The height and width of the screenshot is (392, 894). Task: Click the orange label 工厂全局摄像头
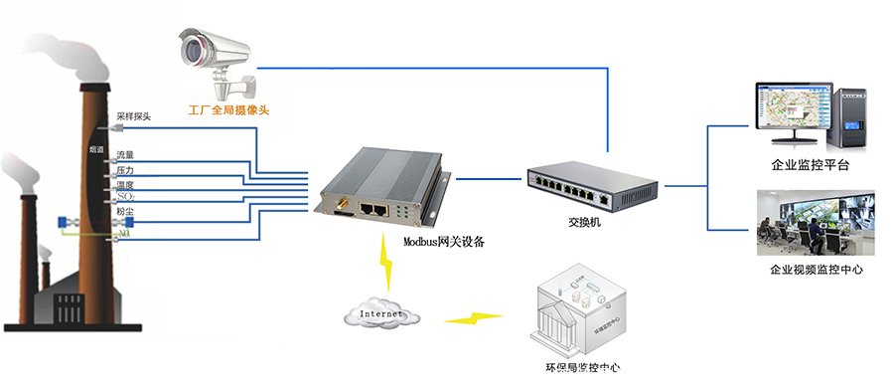tap(228, 109)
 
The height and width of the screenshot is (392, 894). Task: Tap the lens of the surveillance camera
tap(190, 47)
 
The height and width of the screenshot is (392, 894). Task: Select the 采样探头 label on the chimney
tap(133, 116)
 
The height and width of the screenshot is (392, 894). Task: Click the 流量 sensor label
tap(125, 155)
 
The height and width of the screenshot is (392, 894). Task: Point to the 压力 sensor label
tap(125, 170)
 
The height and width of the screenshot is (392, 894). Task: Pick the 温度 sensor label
tap(125, 185)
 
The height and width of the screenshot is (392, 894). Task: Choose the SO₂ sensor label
tap(125, 198)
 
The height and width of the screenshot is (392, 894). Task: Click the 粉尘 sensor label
tap(125, 213)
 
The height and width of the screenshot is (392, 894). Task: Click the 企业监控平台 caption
tap(810, 165)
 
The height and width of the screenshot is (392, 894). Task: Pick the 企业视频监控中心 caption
tap(810, 269)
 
